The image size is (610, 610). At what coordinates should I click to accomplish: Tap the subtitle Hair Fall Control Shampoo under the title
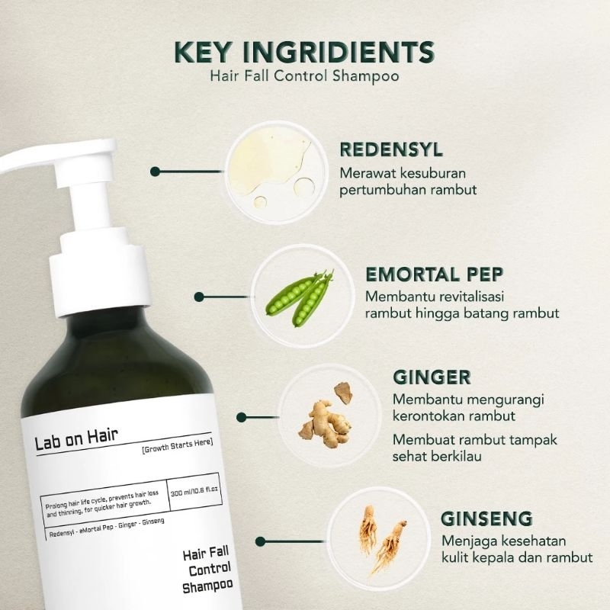click(x=305, y=77)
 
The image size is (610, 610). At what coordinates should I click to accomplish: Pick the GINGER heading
click(x=432, y=377)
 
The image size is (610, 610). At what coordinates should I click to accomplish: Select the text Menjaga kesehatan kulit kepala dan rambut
click(x=506, y=550)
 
